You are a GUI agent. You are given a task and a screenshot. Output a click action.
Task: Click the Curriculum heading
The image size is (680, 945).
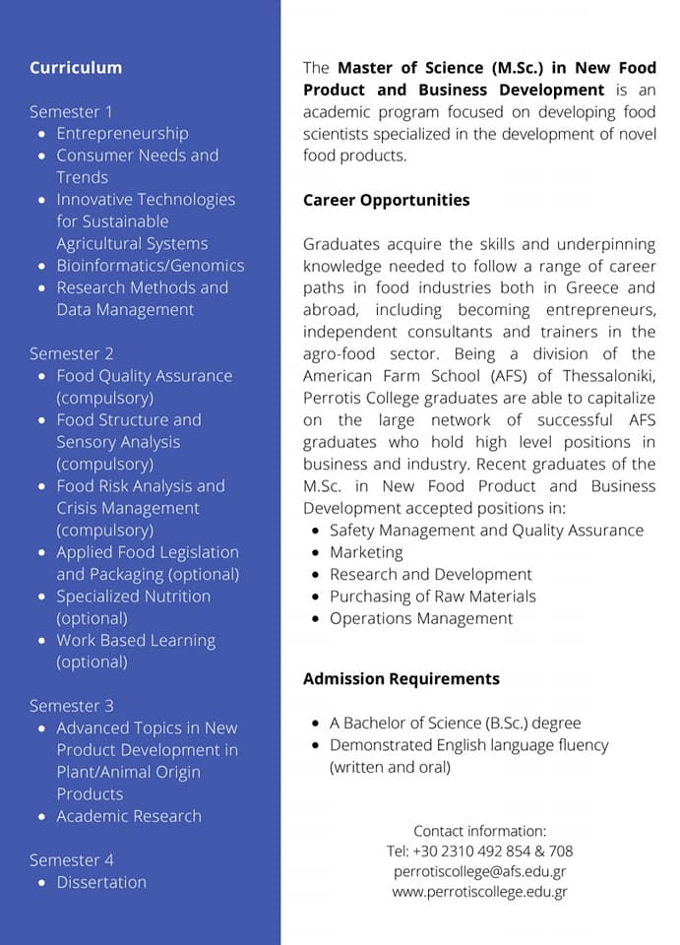click(x=76, y=68)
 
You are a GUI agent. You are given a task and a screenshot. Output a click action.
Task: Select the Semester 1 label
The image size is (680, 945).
click(x=71, y=111)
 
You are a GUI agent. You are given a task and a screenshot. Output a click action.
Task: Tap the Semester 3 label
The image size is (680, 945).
click(x=71, y=706)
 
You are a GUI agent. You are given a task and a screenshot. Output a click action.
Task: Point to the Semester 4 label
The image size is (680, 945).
click(x=71, y=860)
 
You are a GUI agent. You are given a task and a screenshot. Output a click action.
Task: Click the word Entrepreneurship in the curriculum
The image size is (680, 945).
click(x=122, y=133)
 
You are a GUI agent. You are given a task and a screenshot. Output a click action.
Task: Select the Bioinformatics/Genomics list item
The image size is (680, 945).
click(x=150, y=266)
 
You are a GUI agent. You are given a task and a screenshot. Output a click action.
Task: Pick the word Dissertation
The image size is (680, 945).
click(x=101, y=882)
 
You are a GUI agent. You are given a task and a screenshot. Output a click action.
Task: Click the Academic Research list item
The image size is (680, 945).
click(x=129, y=816)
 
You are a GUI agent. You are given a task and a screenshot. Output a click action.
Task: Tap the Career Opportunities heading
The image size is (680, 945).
click(x=386, y=200)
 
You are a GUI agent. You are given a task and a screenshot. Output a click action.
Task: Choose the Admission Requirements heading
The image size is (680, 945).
click(x=401, y=678)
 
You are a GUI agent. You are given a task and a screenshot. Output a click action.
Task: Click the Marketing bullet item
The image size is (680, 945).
click(x=366, y=552)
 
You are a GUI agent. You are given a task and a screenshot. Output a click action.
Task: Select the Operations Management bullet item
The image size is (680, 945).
click(x=421, y=618)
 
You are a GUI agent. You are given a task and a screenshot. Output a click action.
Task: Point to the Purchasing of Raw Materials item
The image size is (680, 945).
click(x=433, y=597)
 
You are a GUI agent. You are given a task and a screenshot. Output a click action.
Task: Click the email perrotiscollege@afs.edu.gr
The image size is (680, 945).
click(x=479, y=871)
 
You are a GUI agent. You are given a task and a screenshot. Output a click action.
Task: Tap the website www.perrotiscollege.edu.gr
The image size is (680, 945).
click(x=479, y=892)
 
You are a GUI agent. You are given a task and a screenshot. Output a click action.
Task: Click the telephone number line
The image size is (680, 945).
click(x=479, y=850)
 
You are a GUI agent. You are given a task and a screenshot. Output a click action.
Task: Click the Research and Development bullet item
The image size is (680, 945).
click(x=431, y=574)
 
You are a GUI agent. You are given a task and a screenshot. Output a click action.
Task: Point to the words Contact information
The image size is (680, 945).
click(x=479, y=831)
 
